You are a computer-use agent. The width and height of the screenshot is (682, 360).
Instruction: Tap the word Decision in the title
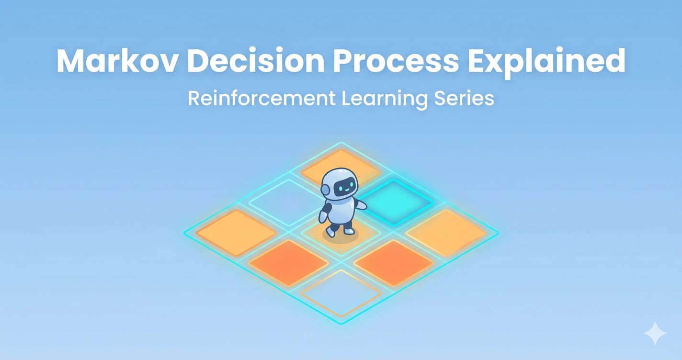click(x=255, y=60)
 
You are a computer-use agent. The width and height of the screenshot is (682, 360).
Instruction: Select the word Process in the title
click(x=396, y=61)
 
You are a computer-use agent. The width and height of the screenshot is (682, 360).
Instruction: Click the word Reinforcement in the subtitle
click(x=261, y=98)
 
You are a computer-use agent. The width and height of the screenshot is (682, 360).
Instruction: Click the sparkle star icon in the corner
click(x=655, y=333)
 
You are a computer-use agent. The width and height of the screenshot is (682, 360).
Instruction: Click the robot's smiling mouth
click(x=346, y=191)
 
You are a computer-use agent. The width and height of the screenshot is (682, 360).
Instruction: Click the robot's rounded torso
click(x=340, y=211)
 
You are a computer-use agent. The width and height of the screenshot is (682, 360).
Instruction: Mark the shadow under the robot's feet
click(x=341, y=237)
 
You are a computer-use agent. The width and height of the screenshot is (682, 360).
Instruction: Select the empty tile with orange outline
click(x=341, y=293)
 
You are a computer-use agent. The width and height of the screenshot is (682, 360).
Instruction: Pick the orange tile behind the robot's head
click(x=341, y=168)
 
